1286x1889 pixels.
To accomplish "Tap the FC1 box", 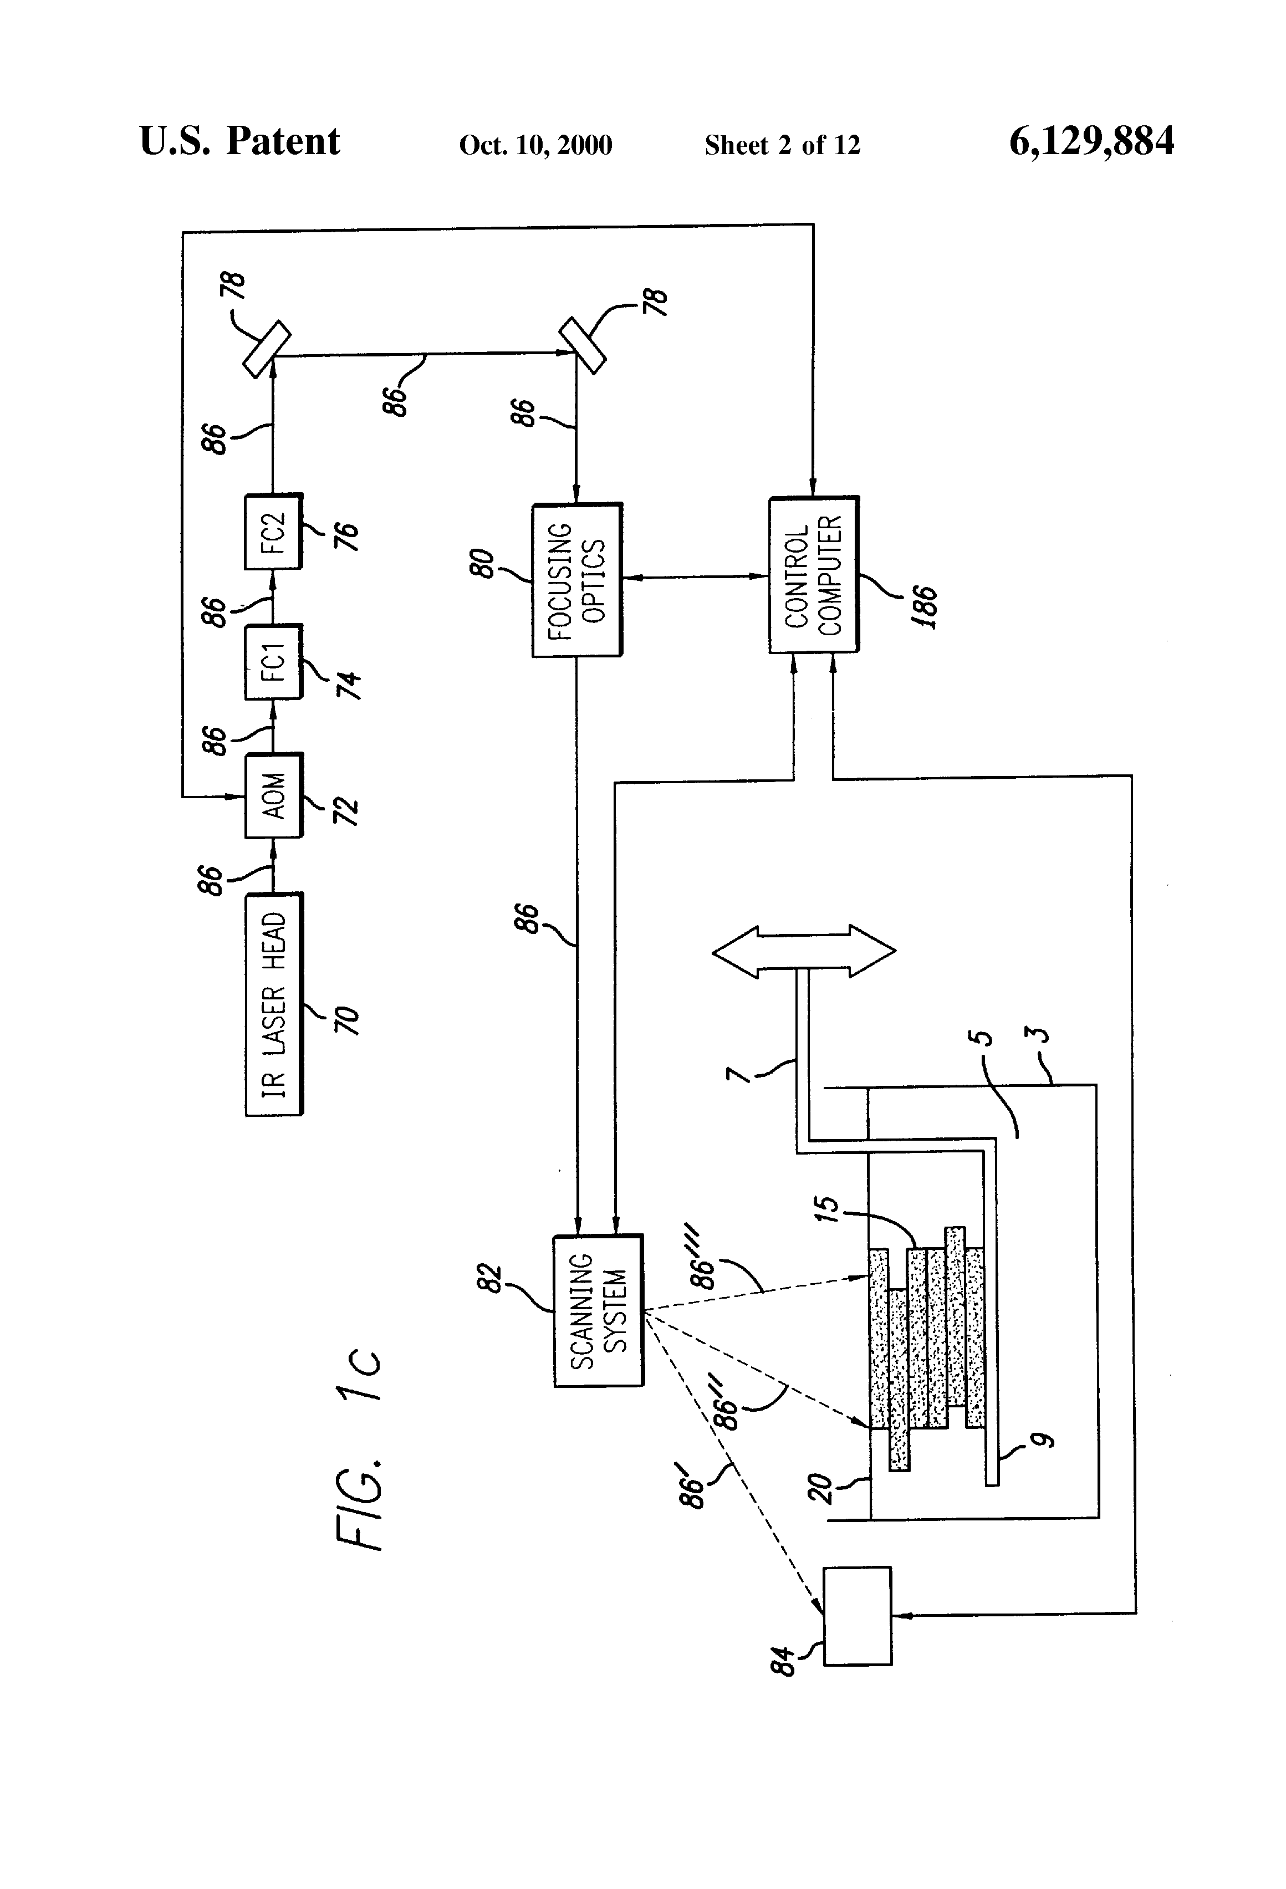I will pyautogui.click(x=273, y=662).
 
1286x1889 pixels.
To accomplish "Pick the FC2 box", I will pyautogui.click(x=273, y=532).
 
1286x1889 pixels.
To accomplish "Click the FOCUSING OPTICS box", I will pyautogui.click(x=577, y=580).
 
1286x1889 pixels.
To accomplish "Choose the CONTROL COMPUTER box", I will pyautogui.click(x=814, y=575).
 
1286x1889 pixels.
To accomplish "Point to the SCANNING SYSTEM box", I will pyautogui.click(x=598, y=1311).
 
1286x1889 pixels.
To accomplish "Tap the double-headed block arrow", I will pyautogui.click(x=804, y=950).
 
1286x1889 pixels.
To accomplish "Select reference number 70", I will pyautogui.click(x=346, y=1021).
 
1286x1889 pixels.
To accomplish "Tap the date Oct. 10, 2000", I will pyautogui.click(x=535, y=145).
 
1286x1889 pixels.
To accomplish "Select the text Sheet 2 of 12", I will pyautogui.click(x=782, y=145).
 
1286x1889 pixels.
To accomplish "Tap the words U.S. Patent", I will pyautogui.click(x=240, y=141).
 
